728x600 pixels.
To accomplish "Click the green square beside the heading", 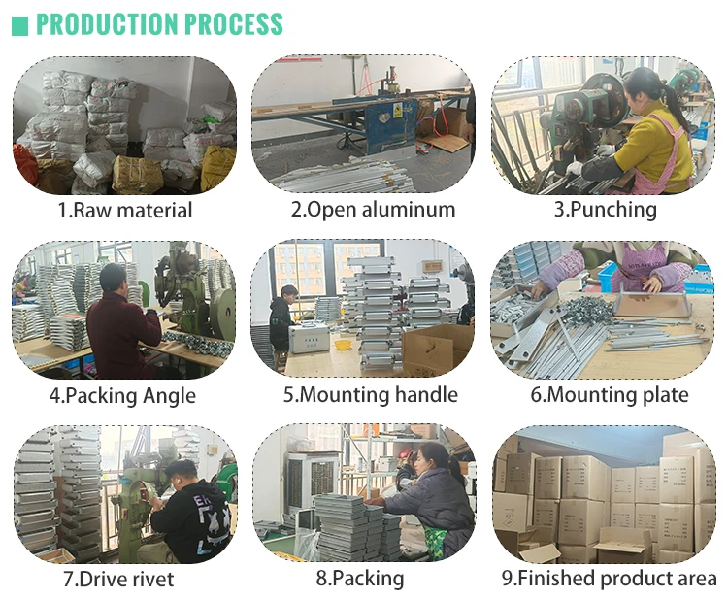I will [x=19, y=25].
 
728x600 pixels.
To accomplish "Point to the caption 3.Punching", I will [x=605, y=210].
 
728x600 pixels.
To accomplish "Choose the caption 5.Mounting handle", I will [x=370, y=395].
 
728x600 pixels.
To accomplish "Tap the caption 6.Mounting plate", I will [x=609, y=395].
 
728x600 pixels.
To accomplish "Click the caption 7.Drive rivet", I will [x=118, y=579].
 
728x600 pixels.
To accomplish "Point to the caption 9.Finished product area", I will [x=609, y=579].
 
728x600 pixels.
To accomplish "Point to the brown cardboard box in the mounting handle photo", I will [x=437, y=350].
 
